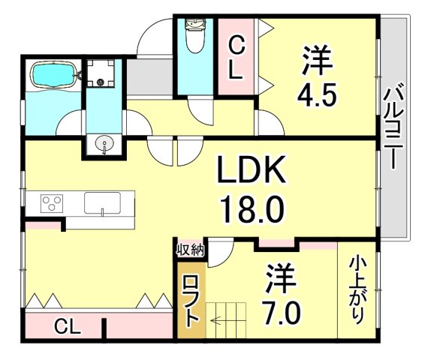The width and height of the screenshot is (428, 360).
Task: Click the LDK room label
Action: coord(252,172)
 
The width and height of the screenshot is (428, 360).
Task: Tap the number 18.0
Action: coord(252,208)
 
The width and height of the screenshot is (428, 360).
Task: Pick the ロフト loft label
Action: coord(189,299)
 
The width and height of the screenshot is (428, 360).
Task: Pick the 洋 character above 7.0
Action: coord(281,277)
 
